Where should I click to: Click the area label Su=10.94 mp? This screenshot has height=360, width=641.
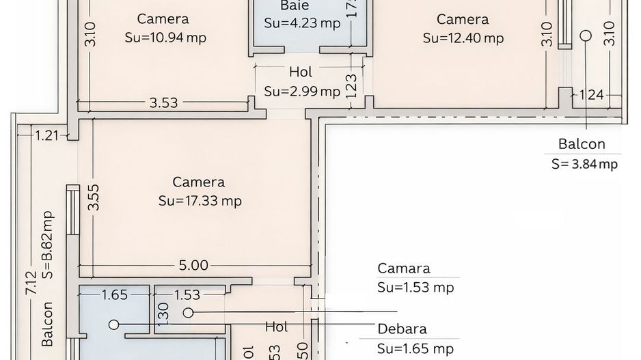(x=165, y=38)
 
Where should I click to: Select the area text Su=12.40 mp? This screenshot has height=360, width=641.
(x=463, y=38)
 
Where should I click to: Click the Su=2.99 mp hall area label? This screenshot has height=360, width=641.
(x=301, y=91)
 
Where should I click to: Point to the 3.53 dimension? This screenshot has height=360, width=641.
(x=163, y=103)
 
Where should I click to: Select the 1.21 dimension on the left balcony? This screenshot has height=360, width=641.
(x=47, y=135)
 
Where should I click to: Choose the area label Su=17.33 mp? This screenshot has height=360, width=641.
(x=200, y=201)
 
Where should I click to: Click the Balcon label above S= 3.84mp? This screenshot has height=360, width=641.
(x=582, y=144)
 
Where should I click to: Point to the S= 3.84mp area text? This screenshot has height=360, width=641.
(x=585, y=163)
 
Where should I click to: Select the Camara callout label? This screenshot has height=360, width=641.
(x=404, y=268)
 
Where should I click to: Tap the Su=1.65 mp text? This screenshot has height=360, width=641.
(x=415, y=348)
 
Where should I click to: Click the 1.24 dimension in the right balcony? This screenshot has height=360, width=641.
(x=592, y=95)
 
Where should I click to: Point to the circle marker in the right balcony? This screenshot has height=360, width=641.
(x=586, y=35)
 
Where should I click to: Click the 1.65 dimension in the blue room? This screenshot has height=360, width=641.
(x=114, y=295)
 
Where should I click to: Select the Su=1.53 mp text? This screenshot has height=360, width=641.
(x=415, y=288)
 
